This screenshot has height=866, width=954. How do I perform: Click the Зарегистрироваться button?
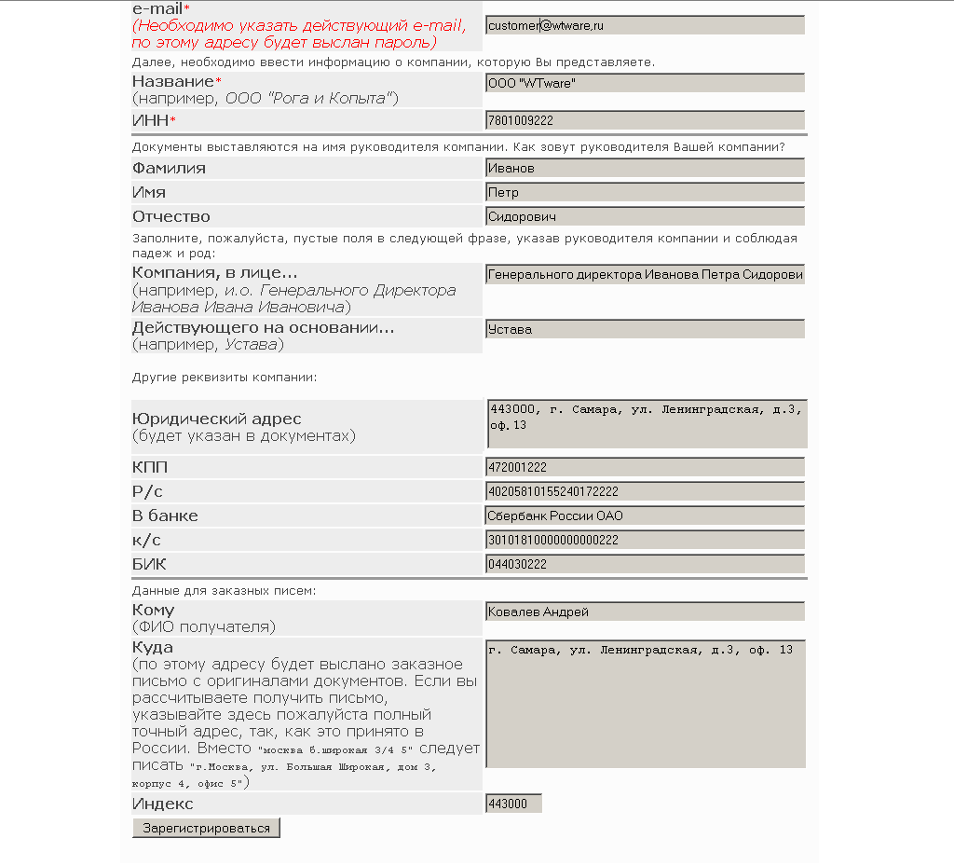pyautogui.click(x=206, y=828)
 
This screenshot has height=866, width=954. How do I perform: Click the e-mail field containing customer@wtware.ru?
pyautogui.click(x=645, y=26)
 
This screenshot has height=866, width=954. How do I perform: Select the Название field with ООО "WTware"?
pyautogui.click(x=645, y=84)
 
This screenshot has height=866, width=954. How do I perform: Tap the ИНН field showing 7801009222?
pyautogui.click(x=645, y=120)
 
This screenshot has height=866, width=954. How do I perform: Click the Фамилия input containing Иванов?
pyautogui.click(x=645, y=169)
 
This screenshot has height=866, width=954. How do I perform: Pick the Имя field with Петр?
pyautogui.click(x=645, y=193)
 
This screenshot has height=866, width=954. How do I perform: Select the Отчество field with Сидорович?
pyautogui.click(x=645, y=216)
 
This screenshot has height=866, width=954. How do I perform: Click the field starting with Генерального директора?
pyautogui.click(x=645, y=275)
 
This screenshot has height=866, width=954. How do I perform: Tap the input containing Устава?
pyautogui.click(x=645, y=329)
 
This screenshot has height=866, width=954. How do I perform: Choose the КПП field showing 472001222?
pyautogui.click(x=645, y=467)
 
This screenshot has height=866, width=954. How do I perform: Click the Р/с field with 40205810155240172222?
pyautogui.click(x=645, y=491)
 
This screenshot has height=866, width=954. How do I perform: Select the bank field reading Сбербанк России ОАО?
pyautogui.click(x=645, y=515)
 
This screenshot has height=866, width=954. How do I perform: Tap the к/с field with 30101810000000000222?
pyautogui.click(x=645, y=540)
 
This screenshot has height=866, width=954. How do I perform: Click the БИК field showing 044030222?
pyautogui.click(x=645, y=564)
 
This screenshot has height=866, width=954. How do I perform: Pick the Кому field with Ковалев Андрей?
pyautogui.click(x=645, y=612)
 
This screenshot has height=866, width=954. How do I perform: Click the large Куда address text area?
pyautogui.click(x=646, y=704)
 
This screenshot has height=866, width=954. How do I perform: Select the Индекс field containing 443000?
pyautogui.click(x=513, y=804)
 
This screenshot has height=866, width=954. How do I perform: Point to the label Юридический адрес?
pyautogui.click(x=217, y=419)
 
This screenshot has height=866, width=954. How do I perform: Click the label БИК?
pyautogui.click(x=149, y=564)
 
